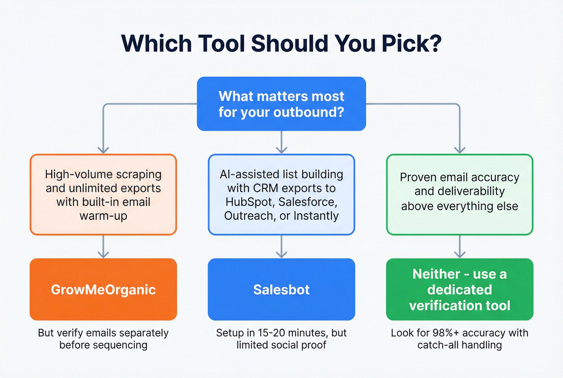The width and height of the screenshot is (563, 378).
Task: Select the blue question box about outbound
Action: pyautogui.click(x=281, y=104)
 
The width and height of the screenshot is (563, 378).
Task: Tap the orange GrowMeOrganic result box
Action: pyautogui.click(x=103, y=289)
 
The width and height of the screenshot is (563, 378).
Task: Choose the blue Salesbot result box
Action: pyautogui.click(x=281, y=289)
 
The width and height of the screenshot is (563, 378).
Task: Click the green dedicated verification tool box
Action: pyautogui.click(x=459, y=289)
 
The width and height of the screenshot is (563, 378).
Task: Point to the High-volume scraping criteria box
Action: pyautogui.click(x=103, y=195)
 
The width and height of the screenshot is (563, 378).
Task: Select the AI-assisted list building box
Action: pyautogui.click(x=281, y=195)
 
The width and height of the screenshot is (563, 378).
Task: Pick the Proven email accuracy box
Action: pyautogui.click(x=459, y=195)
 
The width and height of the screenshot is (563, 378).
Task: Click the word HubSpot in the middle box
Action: pyautogui.click(x=248, y=202)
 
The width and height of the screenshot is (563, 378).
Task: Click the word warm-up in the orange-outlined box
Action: pyautogui.click(x=103, y=216)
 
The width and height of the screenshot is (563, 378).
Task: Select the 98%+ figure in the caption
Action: pyautogui.click(x=446, y=333)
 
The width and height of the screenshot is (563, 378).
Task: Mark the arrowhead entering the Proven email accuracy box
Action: pyautogui.click(x=459, y=150)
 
